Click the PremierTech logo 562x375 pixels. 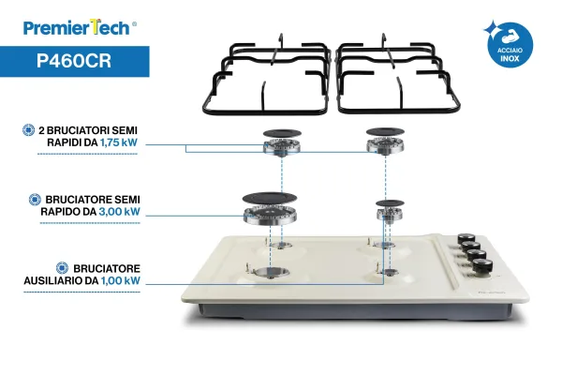click(80, 27)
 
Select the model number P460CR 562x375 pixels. click(74, 61)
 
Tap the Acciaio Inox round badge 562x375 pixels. click(510, 46)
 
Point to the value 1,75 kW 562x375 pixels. click(119, 142)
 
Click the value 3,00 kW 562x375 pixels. click(119, 212)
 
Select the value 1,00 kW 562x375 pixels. click(121, 280)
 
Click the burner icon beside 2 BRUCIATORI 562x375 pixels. click(29, 130)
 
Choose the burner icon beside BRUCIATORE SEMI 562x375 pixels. click(35, 199)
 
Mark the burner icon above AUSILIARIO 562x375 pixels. click(63, 268)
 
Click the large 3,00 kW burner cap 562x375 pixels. click(270, 198)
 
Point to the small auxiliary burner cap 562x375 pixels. click(390, 203)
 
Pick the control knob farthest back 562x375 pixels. click(466, 239)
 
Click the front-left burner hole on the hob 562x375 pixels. click(274, 272)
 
